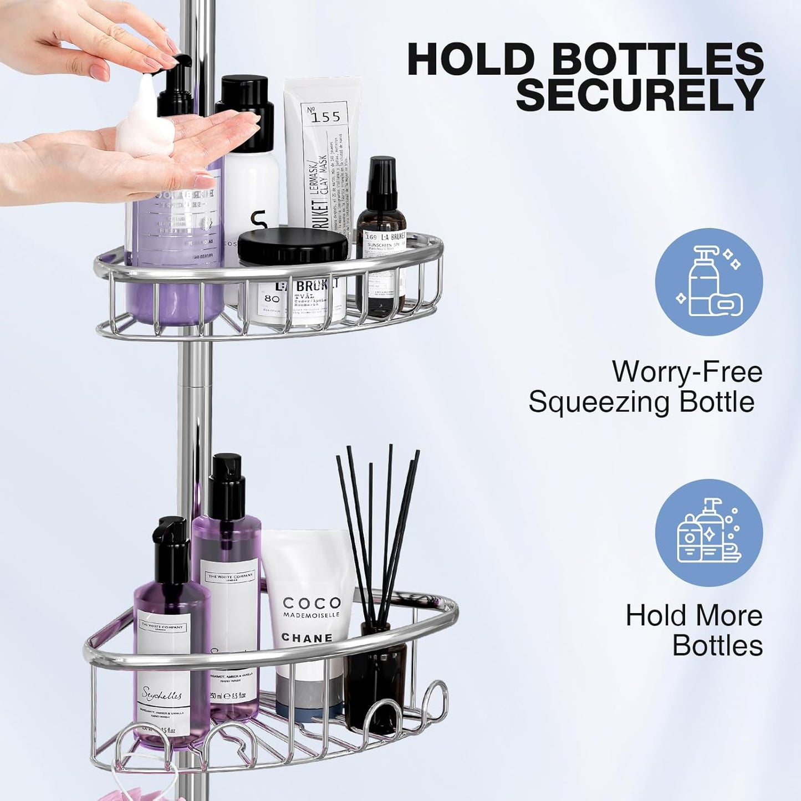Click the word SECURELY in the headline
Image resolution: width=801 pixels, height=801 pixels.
[640, 95]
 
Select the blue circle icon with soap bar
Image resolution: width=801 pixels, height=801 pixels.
[708, 282]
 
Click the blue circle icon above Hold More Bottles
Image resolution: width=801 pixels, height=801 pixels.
[708, 533]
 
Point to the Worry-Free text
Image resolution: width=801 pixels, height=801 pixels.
[687, 371]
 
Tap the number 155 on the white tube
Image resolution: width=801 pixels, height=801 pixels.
[325, 117]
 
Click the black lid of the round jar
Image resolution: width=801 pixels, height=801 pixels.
[293, 246]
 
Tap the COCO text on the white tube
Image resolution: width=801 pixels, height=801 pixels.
[312, 603]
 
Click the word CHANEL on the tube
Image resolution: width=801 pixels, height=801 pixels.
[307, 637]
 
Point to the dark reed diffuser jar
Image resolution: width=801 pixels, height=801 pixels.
[375, 676]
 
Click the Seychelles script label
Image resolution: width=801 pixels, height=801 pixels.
[162, 693]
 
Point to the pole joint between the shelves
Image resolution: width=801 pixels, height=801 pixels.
[195, 382]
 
